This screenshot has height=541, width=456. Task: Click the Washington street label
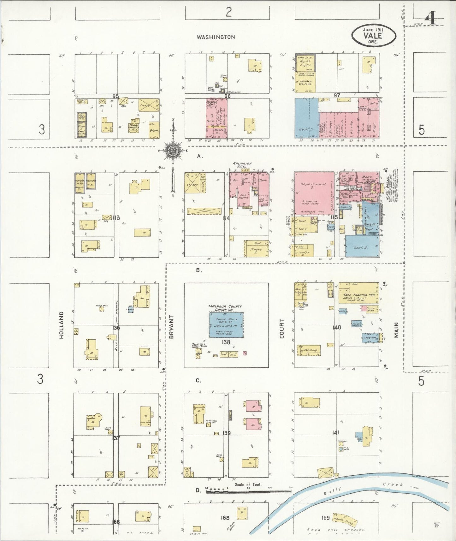216,37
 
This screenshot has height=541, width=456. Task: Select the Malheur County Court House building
226,325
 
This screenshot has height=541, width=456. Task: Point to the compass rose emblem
173,151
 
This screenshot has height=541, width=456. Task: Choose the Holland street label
61,325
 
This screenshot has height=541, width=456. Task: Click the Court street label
281,328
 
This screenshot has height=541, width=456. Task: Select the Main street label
396,330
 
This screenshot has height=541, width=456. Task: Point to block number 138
226,342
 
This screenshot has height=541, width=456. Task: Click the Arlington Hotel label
242,165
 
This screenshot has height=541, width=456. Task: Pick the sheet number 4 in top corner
430,19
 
